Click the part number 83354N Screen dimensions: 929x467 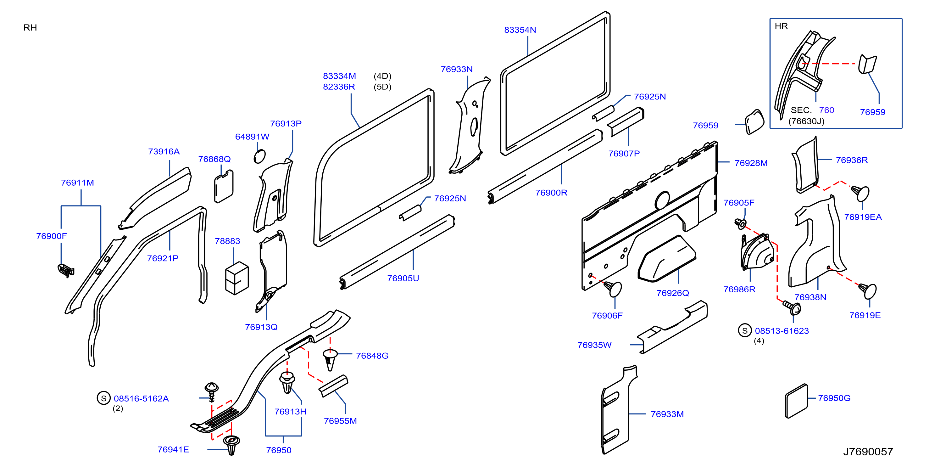click(520, 30)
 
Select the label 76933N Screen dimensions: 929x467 click(457, 69)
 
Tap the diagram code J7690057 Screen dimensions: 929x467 click(868, 452)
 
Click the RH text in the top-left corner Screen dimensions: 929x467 click(30, 27)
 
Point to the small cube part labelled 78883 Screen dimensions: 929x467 click(237, 278)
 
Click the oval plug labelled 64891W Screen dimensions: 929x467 click(260, 156)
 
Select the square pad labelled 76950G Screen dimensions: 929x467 click(796, 401)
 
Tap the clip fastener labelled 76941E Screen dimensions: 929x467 click(231, 445)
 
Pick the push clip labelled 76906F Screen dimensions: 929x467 click(613, 289)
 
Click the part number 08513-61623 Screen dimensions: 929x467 click(782, 331)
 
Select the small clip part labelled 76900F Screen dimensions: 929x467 click(66, 270)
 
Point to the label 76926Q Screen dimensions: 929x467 click(673, 293)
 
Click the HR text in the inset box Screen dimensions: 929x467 click(781, 26)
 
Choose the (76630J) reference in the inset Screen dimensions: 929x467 click(806, 121)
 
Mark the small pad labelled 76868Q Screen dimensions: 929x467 click(224, 186)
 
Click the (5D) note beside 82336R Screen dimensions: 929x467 click(383, 87)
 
